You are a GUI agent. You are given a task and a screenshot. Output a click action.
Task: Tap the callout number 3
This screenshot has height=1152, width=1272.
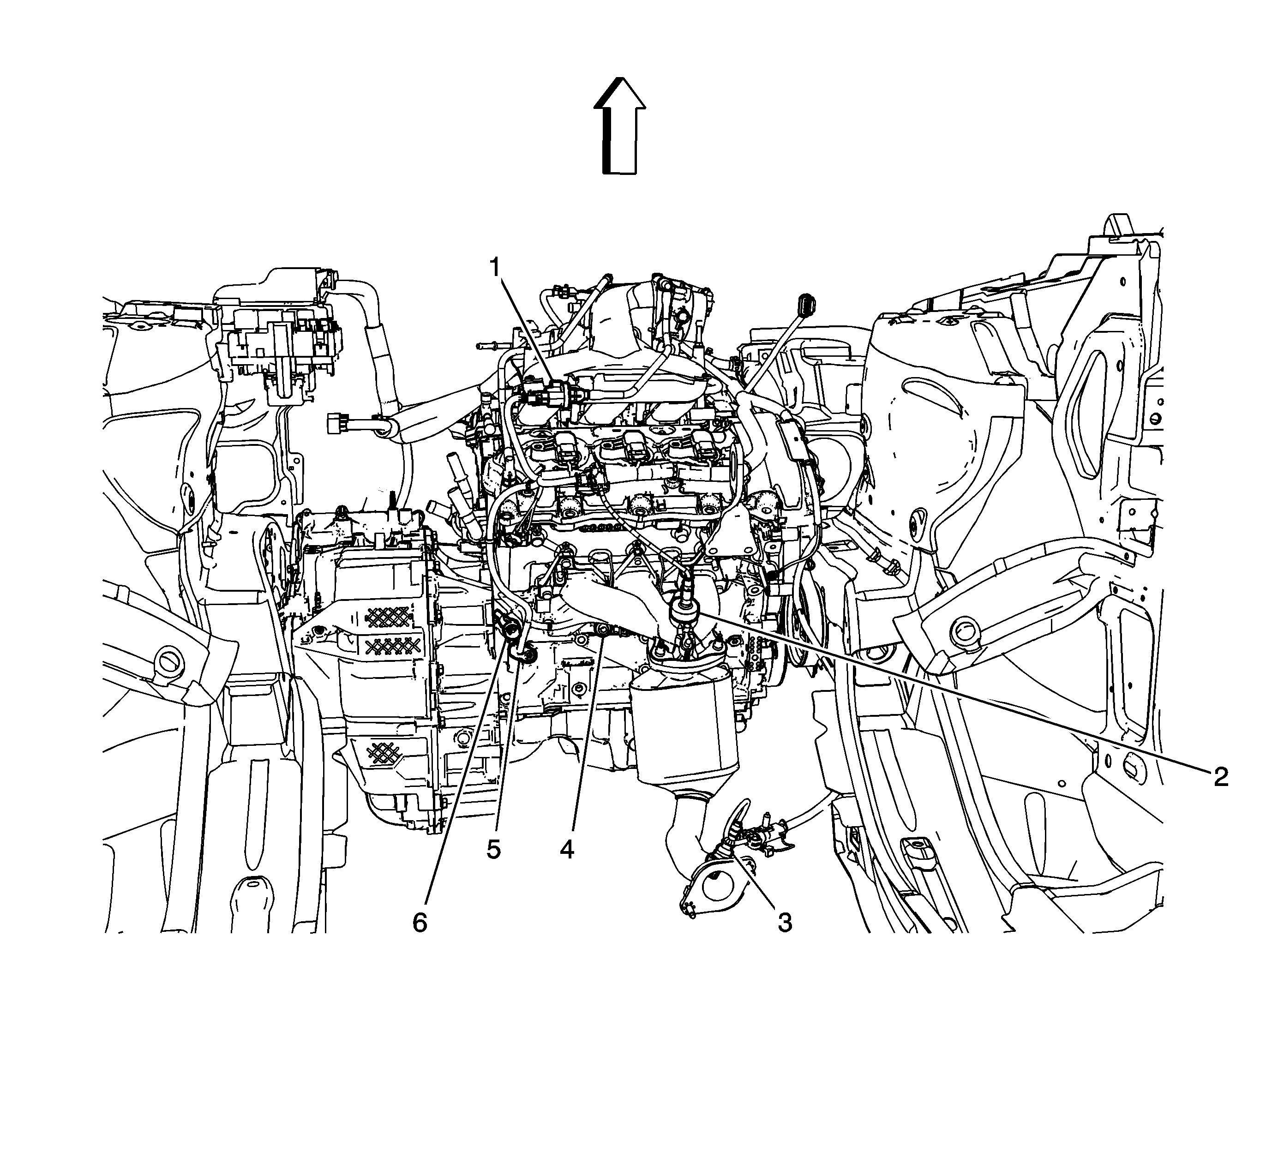point(784,922)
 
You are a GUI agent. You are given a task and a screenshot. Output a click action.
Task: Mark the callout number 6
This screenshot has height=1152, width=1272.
point(420,922)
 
